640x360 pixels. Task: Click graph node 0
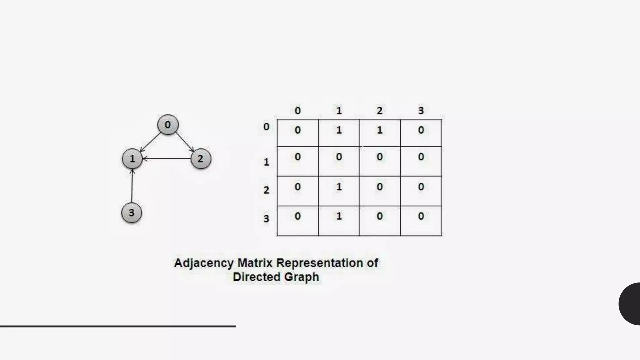[x=168, y=125]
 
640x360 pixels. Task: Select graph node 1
[x=132, y=159]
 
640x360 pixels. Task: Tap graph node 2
[x=201, y=159]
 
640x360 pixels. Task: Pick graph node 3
[x=132, y=213]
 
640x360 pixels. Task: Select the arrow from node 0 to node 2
[x=185, y=142]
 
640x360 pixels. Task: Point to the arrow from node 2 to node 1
[x=167, y=159]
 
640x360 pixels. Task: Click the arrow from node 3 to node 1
[x=132, y=186]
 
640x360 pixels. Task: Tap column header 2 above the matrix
[x=380, y=111]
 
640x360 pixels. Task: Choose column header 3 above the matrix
[x=421, y=111]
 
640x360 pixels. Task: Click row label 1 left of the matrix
[x=266, y=162]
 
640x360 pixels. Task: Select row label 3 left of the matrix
[x=266, y=218]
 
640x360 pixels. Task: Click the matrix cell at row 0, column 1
[x=339, y=133]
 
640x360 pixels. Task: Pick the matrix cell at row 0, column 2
[x=380, y=133]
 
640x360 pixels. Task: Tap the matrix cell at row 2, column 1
[x=339, y=191]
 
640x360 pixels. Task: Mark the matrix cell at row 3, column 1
[x=339, y=221]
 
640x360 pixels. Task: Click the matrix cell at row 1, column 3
[x=421, y=161]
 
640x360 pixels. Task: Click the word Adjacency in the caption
[x=204, y=263]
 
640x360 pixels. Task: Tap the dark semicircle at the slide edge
[x=631, y=304]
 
